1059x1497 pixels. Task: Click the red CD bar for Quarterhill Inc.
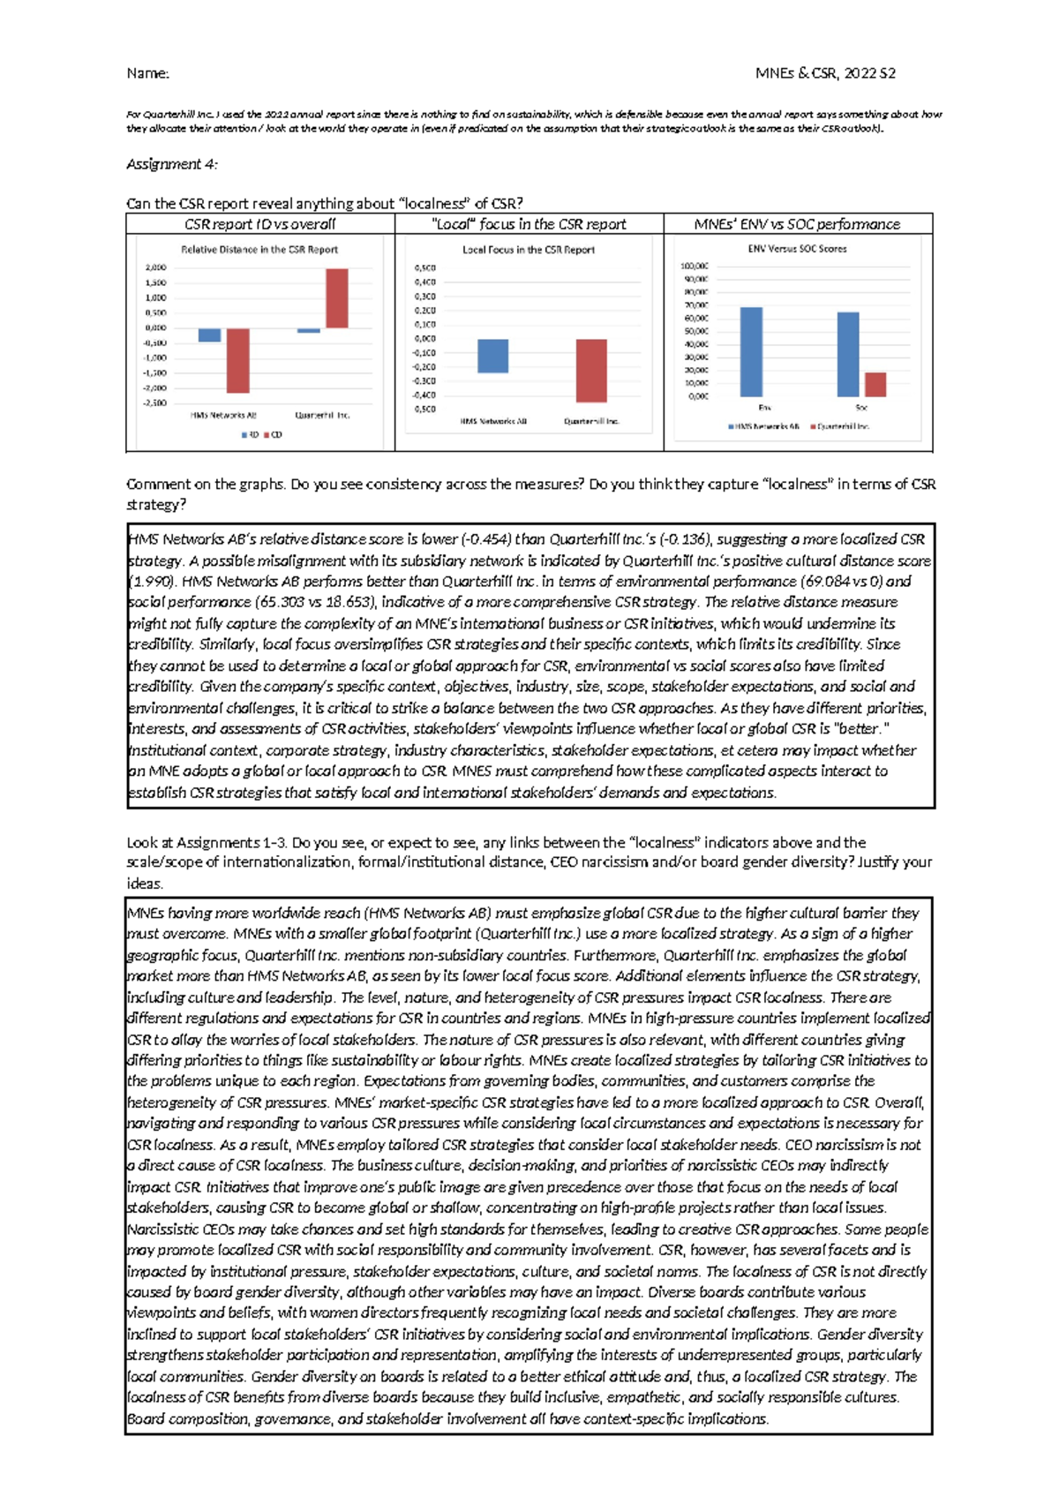(x=336, y=298)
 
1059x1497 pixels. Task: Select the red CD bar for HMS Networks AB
(x=237, y=360)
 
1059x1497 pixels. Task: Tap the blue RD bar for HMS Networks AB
(x=209, y=335)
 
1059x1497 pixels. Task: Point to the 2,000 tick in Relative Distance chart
(x=155, y=267)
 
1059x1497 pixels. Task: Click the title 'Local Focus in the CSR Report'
(x=528, y=250)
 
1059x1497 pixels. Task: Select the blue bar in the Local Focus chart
(x=492, y=356)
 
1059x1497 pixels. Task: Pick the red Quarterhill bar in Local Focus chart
(x=591, y=371)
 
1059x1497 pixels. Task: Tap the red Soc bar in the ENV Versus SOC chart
(x=875, y=385)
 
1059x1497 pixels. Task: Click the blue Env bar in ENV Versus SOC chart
(x=751, y=352)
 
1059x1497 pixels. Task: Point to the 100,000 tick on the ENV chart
(x=694, y=266)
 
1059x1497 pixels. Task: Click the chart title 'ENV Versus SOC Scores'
(x=797, y=249)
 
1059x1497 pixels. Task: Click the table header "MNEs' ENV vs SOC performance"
(x=797, y=224)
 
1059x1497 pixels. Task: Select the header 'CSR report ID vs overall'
(x=259, y=224)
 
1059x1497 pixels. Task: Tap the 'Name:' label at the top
(x=147, y=73)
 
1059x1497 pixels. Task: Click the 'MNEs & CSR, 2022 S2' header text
(x=825, y=73)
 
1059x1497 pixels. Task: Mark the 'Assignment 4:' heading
(x=172, y=164)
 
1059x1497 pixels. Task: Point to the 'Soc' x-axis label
(x=861, y=408)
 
